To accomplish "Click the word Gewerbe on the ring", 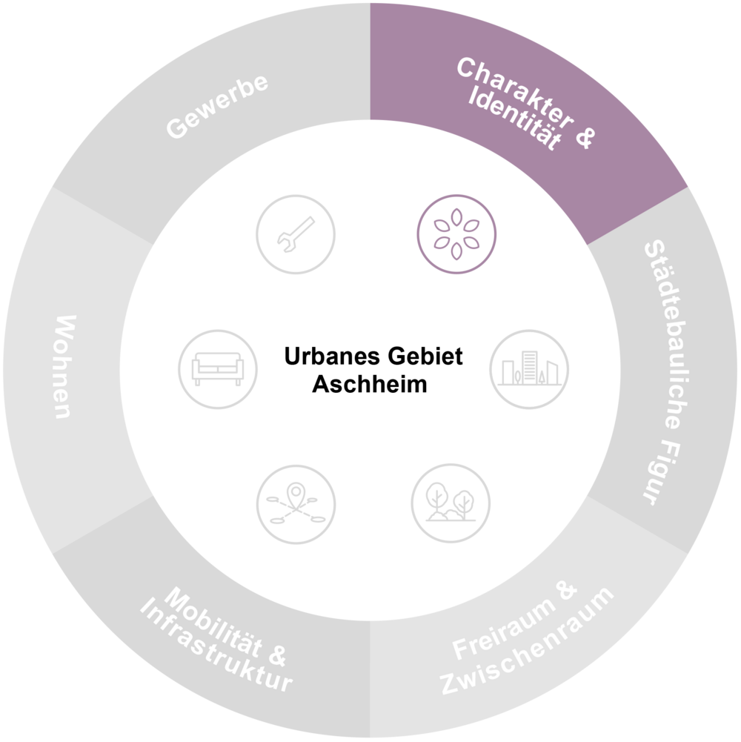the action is point(217,106).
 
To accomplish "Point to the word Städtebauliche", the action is point(667,334).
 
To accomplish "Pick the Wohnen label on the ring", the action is point(65,367).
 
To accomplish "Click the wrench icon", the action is point(296,234).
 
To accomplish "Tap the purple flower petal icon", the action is point(456,234).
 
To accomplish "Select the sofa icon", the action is point(218,369).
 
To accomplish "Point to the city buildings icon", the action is point(529,369).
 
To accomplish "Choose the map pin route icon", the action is point(296,505).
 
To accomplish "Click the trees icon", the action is point(451,503).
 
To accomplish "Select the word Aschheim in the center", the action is point(370,384).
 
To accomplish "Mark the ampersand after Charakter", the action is point(585,136).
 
